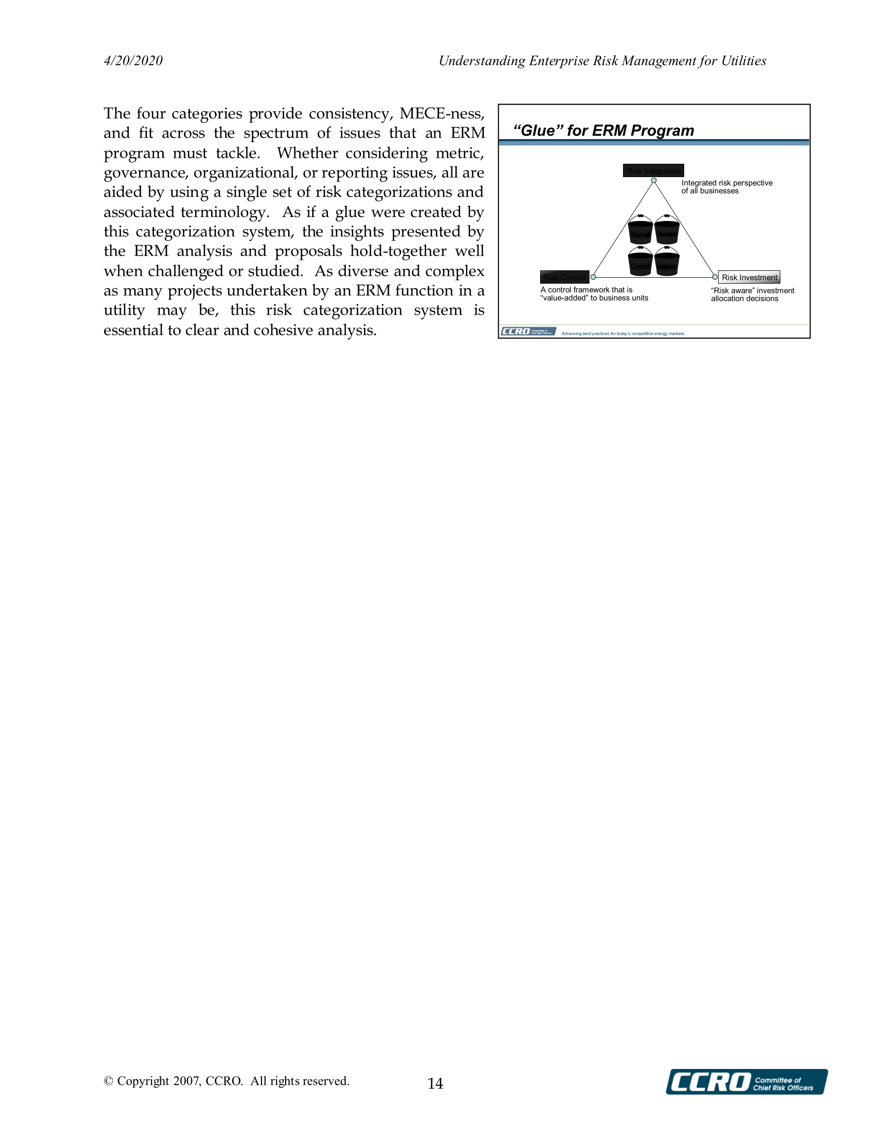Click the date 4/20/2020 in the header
(x=133, y=61)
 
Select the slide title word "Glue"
(x=538, y=130)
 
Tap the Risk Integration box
(x=653, y=171)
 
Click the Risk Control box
(x=564, y=277)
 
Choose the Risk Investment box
(x=749, y=277)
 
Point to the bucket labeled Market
(x=640, y=230)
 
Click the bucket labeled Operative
(x=666, y=230)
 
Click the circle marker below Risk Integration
(x=654, y=181)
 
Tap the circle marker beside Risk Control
(x=593, y=277)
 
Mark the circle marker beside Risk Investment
(x=715, y=277)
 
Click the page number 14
(x=435, y=1084)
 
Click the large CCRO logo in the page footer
(x=746, y=1082)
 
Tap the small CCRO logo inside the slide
(x=528, y=331)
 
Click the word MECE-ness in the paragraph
(x=442, y=113)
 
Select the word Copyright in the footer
(x=143, y=1081)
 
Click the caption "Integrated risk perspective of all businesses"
(x=727, y=186)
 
